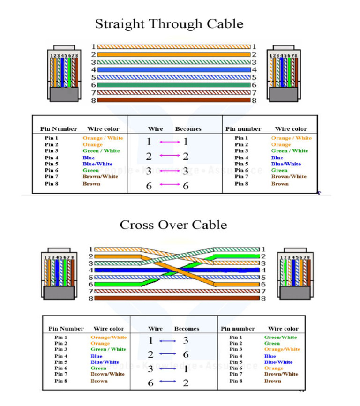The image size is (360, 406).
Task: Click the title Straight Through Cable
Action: point(169,24)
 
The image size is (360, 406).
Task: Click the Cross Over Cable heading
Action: point(173,225)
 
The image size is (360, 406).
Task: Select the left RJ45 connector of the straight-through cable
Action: point(64,73)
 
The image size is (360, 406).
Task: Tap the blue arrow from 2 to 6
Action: point(167,354)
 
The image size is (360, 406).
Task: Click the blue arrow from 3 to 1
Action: point(167,368)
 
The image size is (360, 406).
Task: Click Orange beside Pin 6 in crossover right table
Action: point(274,368)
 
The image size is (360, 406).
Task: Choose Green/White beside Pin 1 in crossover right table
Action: point(280,337)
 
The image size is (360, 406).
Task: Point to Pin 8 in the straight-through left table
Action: point(52,184)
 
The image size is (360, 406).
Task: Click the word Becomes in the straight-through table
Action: point(188,129)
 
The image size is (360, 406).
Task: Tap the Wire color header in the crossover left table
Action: point(109,329)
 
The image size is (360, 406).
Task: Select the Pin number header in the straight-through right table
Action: point(243,129)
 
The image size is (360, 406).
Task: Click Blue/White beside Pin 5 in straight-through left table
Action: point(97,164)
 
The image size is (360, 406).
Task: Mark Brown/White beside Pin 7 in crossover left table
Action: point(107,374)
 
